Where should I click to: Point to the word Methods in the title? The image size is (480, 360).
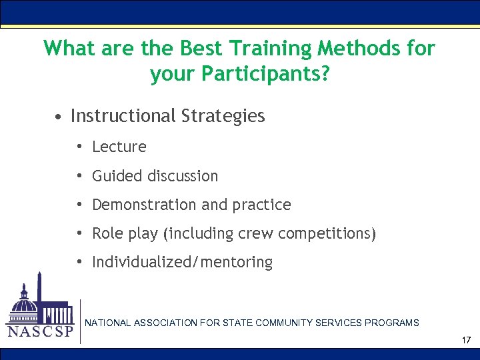coord(361,49)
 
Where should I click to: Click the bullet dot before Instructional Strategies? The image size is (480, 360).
coord(59,117)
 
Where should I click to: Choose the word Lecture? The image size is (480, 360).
coord(119,147)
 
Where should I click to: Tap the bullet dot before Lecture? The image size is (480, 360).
coord(79,147)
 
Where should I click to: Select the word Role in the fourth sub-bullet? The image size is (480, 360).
coord(107,234)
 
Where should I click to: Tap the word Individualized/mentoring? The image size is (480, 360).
coord(182,263)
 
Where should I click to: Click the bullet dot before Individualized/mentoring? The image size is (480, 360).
coord(79,263)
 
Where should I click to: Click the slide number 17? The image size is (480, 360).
coord(466,341)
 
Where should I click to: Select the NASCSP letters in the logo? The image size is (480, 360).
coord(39,332)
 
